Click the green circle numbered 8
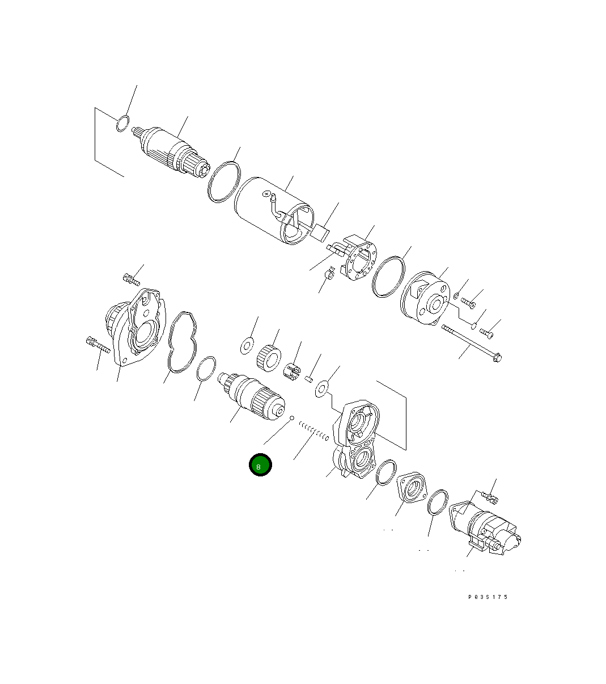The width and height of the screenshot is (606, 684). pyautogui.click(x=260, y=466)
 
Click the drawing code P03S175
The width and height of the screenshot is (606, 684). pyautogui.click(x=488, y=597)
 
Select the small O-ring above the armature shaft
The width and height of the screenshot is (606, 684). pyautogui.click(x=122, y=123)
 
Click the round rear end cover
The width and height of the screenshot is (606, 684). pyautogui.click(x=425, y=298)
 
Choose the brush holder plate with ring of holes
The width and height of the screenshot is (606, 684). pyautogui.click(x=357, y=258)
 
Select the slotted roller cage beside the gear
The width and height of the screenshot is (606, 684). pyautogui.click(x=291, y=371)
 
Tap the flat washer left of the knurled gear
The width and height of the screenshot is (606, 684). pyautogui.click(x=247, y=345)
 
